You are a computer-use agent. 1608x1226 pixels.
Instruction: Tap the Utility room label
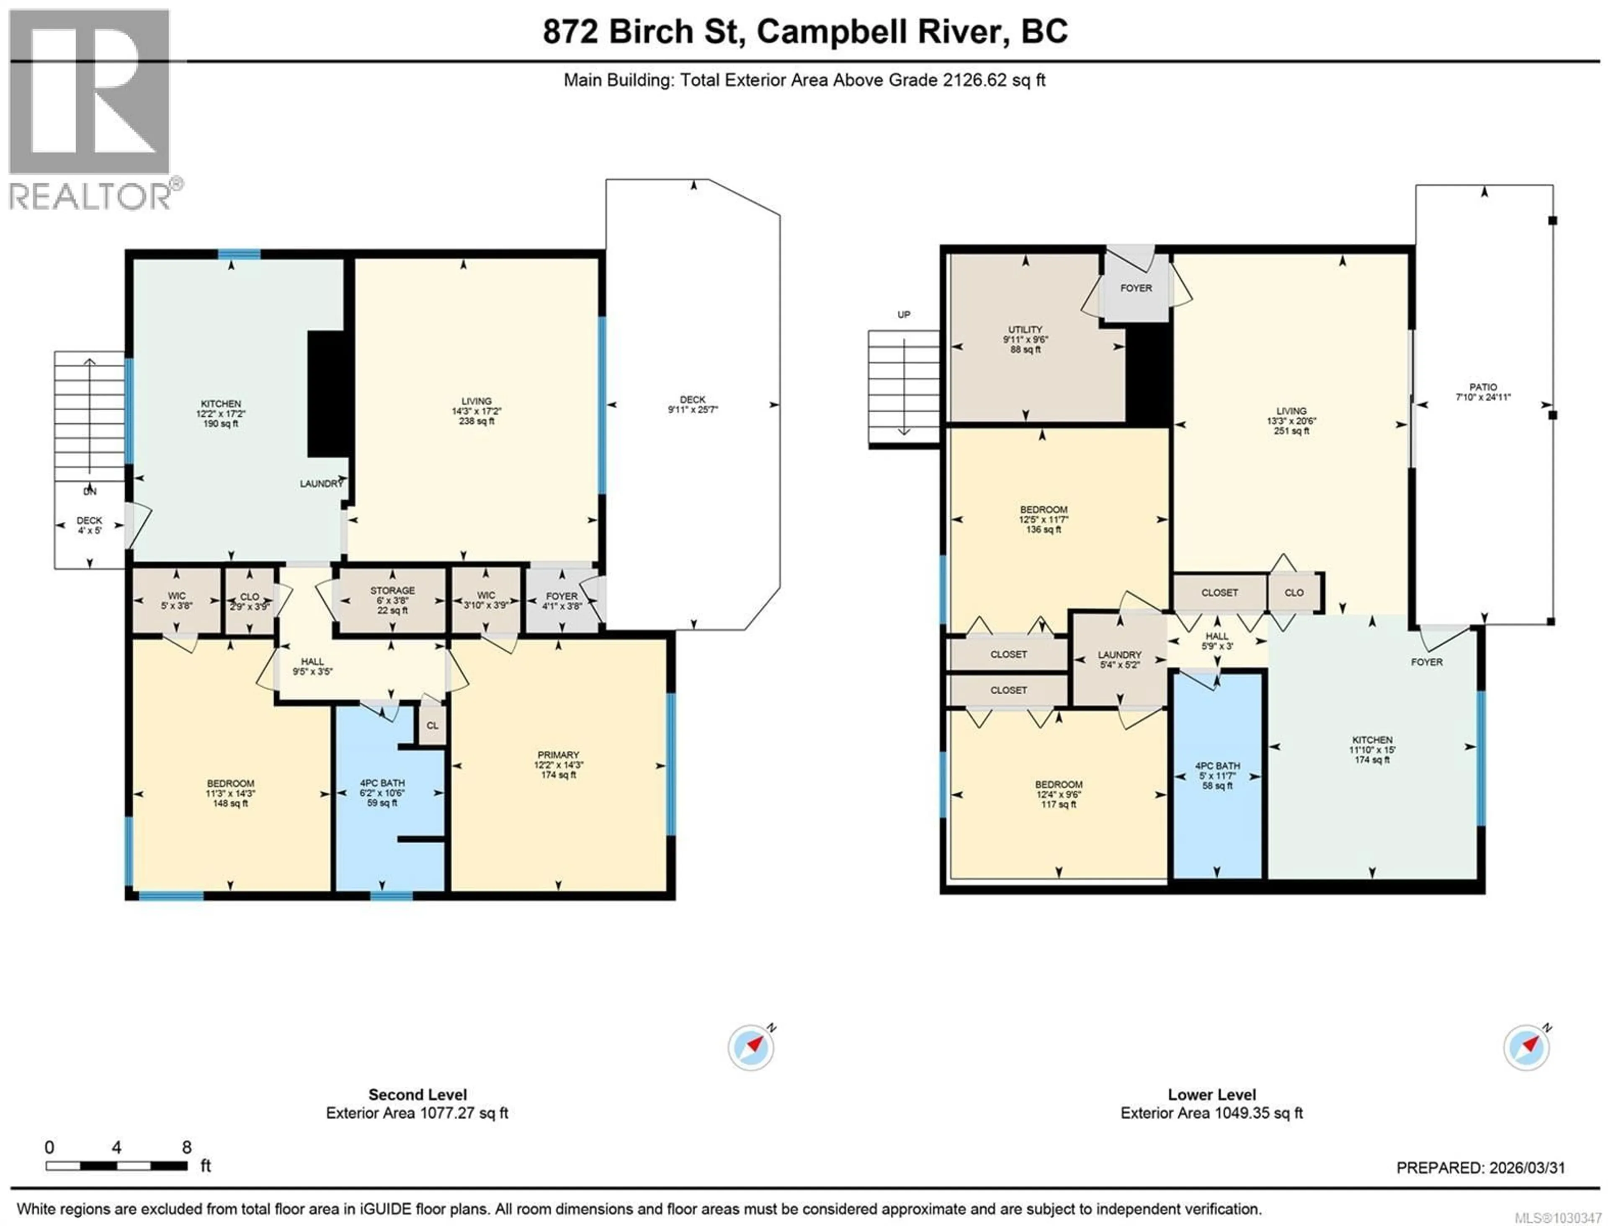[x=1026, y=330]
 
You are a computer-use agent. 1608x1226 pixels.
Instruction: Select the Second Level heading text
[x=417, y=1095]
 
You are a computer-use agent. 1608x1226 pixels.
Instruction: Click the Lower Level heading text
[x=1212, y=1095]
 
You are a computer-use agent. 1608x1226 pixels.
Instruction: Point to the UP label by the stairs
[x=904, y=314]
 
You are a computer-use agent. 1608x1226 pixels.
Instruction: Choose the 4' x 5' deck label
[x=90, y=525]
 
